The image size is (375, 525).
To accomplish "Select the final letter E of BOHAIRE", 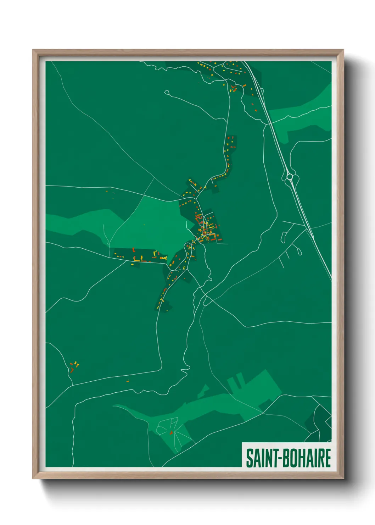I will click(328, 458).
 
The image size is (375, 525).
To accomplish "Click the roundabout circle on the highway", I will click(290, 176).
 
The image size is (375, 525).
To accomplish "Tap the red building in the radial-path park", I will click(171, 433).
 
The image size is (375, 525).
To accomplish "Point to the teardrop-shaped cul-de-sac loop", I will click(299, 251).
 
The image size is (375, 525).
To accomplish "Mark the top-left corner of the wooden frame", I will click(33, 50).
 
